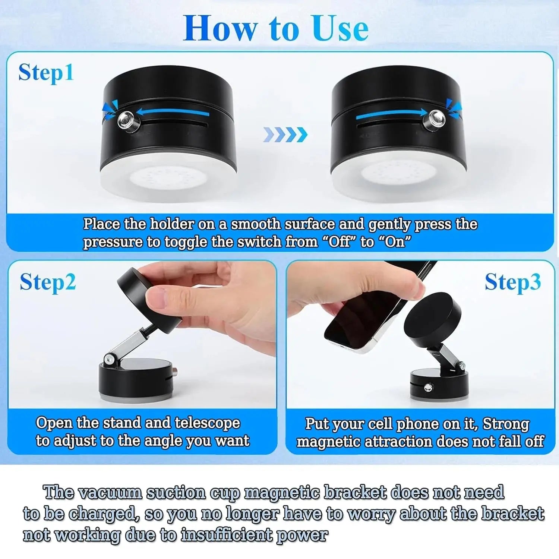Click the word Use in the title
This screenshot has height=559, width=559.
tap(340, 29)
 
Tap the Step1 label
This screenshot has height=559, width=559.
tap(46, 73)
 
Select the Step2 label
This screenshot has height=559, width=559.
tap(48, 282)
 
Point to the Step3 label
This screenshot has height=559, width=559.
tap(512, 282)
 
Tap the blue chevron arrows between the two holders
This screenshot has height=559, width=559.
tap(285, 135)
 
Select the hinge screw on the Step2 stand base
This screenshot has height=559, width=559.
tap(109, 359)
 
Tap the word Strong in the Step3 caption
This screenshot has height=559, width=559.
tap(506, 424)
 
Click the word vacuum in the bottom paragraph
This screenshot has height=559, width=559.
tap(110, 493)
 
